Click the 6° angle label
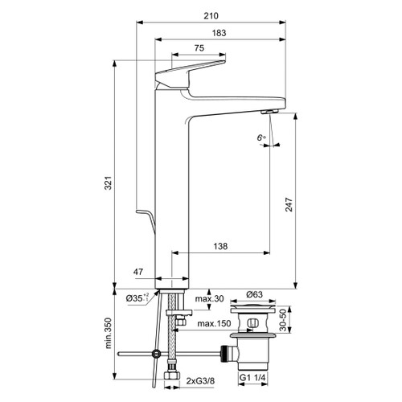click(260, 138)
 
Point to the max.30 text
click(208, 299)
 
